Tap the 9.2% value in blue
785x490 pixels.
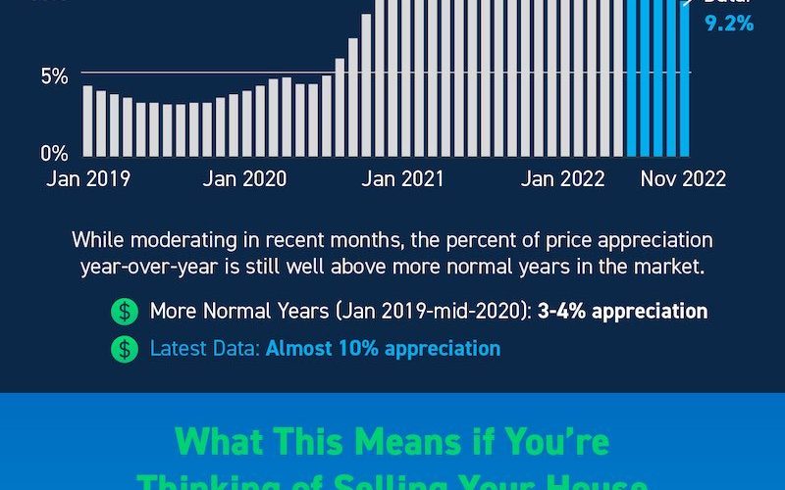tap(729, 22)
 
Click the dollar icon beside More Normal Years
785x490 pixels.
tap(125, 312)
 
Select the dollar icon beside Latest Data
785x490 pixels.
tap(125, 348)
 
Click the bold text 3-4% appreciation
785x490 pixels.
tap(621, 312)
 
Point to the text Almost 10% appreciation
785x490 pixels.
tap(383, 348)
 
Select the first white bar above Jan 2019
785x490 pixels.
tap(88, 121)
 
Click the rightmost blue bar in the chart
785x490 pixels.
tap(684, 78)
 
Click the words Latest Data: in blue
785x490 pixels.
tap(204, 348)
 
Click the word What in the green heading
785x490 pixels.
tap(224, 441)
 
